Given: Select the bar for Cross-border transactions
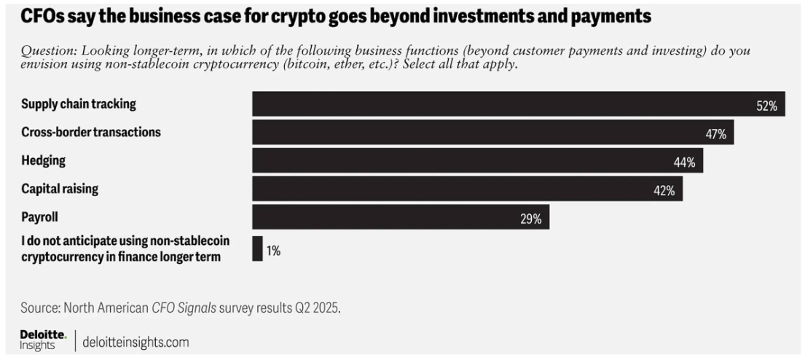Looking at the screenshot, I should (481, 133).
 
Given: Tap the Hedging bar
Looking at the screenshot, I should (466, 162).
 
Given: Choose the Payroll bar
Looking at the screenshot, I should (393, 219).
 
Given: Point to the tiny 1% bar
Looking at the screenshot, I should (257, 248).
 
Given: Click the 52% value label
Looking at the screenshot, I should (767, 106).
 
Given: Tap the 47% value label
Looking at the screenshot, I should (716, 134).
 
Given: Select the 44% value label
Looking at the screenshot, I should (684, 163).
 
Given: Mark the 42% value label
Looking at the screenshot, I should (663, 191).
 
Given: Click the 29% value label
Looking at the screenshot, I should (530, 219).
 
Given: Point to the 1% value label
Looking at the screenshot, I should (273, 250).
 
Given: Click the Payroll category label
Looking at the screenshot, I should (41, 217).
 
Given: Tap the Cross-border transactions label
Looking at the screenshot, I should (91, 132).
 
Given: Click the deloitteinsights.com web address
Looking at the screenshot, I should (136, 341).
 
